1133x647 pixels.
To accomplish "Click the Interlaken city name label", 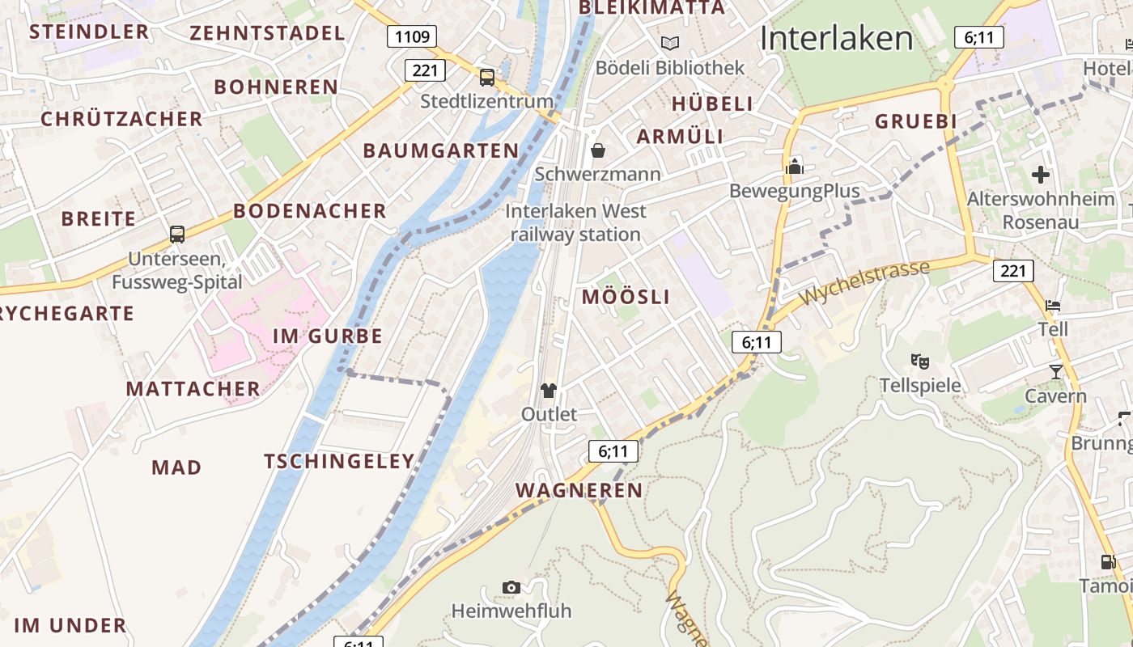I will [x=836, y=38].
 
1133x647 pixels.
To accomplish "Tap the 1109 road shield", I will [x=411, y=36].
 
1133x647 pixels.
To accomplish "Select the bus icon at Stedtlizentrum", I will [x=487, y=78].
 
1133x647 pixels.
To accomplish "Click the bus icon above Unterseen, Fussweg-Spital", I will [x=177, y=235].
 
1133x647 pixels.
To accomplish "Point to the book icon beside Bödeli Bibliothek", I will [x=669, y=43].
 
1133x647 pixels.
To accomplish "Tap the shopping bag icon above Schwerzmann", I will [x=598, y=150].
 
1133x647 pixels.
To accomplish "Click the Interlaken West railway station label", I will [x=575, y=222].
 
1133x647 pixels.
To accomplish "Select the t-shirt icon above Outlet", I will [x=549, y=391].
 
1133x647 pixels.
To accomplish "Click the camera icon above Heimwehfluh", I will [x=511, y=587].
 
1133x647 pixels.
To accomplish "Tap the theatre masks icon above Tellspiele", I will [x=919, y=361].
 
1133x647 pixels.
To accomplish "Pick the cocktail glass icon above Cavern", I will [x=1055, y=371].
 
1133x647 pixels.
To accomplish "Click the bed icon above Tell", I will [x=1053, y=306].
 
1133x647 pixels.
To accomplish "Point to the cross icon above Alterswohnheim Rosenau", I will [x=1041, y=174].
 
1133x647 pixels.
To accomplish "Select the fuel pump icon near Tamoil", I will [x=1108, y=561].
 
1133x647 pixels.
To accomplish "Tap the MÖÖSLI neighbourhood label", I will [x=626, y=297].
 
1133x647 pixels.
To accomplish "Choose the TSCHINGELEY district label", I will [x=339, y=461].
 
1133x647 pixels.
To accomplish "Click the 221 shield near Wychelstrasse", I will [x=1012, y=270].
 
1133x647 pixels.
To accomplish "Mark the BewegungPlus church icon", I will [x=794, y=167].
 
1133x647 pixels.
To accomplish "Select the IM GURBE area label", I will [x=327, y=336].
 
